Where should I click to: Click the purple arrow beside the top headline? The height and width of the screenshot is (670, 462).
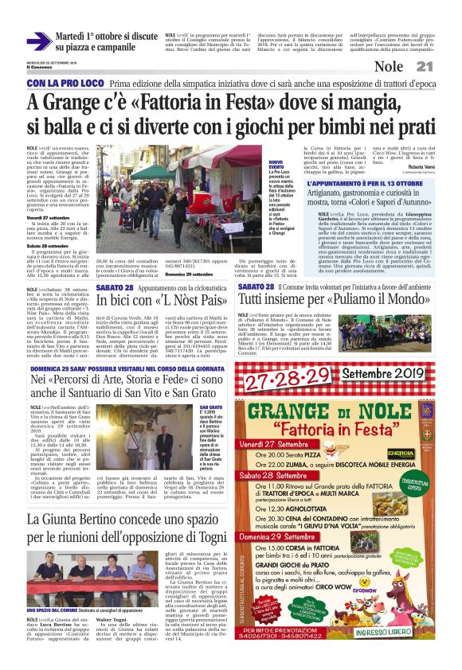(x=39, y=41)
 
